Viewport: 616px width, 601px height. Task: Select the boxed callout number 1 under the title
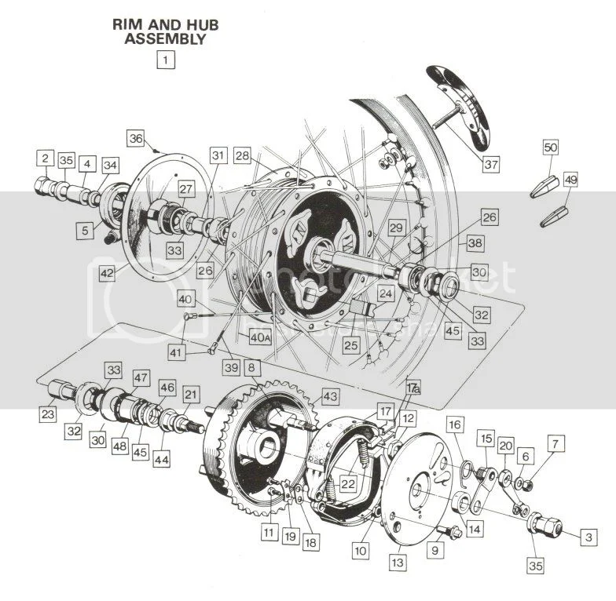coord(165,58)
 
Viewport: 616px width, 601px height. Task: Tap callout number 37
coord(491,165)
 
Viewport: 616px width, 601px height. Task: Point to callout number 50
coord(551,148)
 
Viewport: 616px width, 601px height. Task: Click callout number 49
coord(570,180)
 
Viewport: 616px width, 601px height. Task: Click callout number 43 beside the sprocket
coord(331,399)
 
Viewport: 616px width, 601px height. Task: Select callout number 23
coord(48,413)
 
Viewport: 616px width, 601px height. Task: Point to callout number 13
coord(398,562)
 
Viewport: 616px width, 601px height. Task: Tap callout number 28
coord(241,157)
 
